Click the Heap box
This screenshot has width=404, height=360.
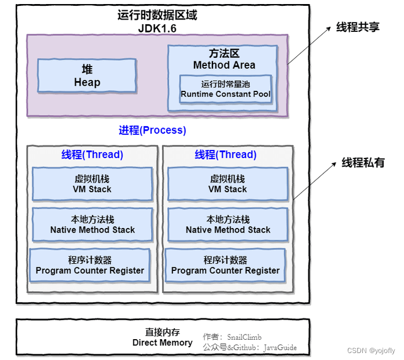tap(87, 76)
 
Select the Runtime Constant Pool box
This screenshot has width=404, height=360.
tap(225, 89)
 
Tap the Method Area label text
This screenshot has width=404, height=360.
tap(224, 65)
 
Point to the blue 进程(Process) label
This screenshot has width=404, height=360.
tap(153, 130)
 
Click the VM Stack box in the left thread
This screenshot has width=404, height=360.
tap(92, 184)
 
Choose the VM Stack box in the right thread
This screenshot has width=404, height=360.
tap(227, 184)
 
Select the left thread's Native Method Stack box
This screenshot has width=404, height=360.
tap(92, 225)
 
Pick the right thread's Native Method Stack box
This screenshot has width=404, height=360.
tap(227, 225)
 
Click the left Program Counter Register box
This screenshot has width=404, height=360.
tap(90, 265)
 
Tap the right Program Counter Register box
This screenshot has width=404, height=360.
tap(225, 265)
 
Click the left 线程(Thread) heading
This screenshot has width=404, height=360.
tap(92, 155)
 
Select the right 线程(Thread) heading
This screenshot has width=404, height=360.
tap(225, 155)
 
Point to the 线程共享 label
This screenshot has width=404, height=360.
tap(358, 27)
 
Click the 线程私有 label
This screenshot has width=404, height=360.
tap(363, 163)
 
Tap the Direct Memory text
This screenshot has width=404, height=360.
tap(162, 343)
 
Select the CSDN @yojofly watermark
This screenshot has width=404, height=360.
tap(371, 351)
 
